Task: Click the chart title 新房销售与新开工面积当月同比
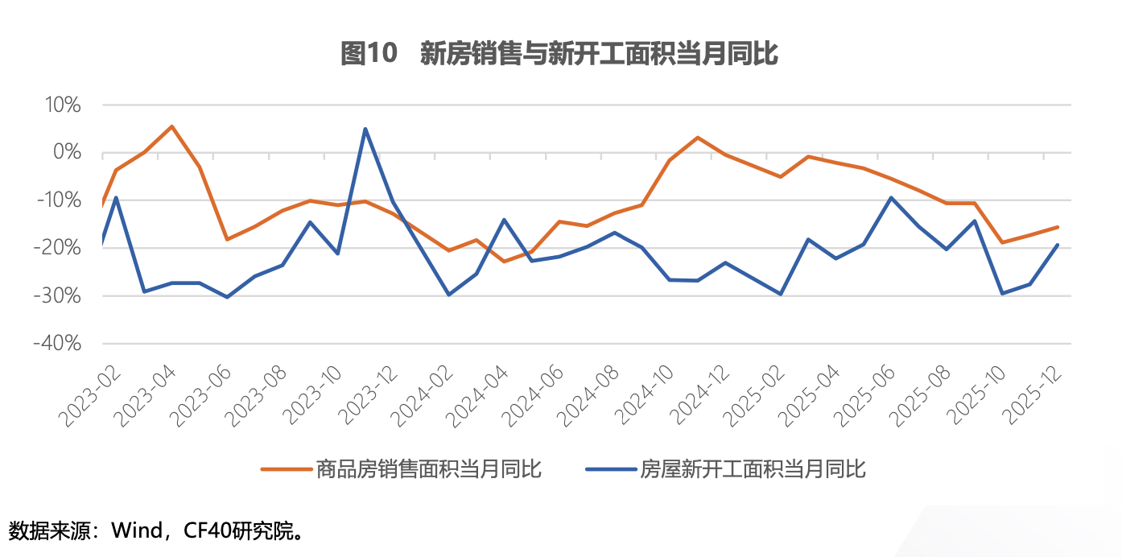599,54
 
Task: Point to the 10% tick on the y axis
59,105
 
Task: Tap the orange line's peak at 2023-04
172,126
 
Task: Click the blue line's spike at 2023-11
365,129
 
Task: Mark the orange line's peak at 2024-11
697,138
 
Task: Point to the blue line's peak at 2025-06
891,197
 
